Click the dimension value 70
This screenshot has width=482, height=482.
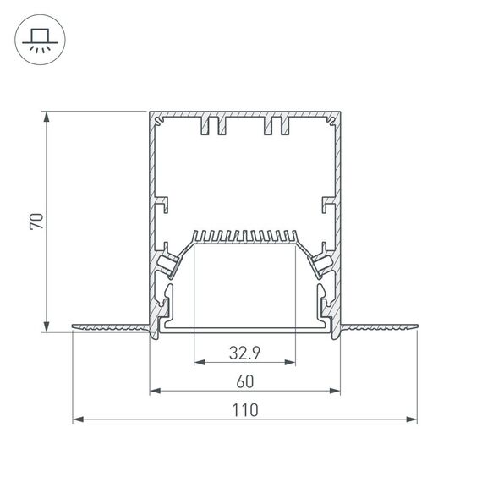coord(36,222)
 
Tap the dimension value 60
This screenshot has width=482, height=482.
coord(244,381)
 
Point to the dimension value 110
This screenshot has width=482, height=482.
coord(244,410)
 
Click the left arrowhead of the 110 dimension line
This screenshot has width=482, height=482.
coord(77,419)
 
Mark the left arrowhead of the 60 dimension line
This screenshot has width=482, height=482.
coord(155,391)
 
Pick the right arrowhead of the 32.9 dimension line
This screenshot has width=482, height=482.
coord(291,363)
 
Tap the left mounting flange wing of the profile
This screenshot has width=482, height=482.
coord(110,326)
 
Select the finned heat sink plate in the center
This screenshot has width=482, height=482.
coord(244,237)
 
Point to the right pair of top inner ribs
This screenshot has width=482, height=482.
coord(276,127)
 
